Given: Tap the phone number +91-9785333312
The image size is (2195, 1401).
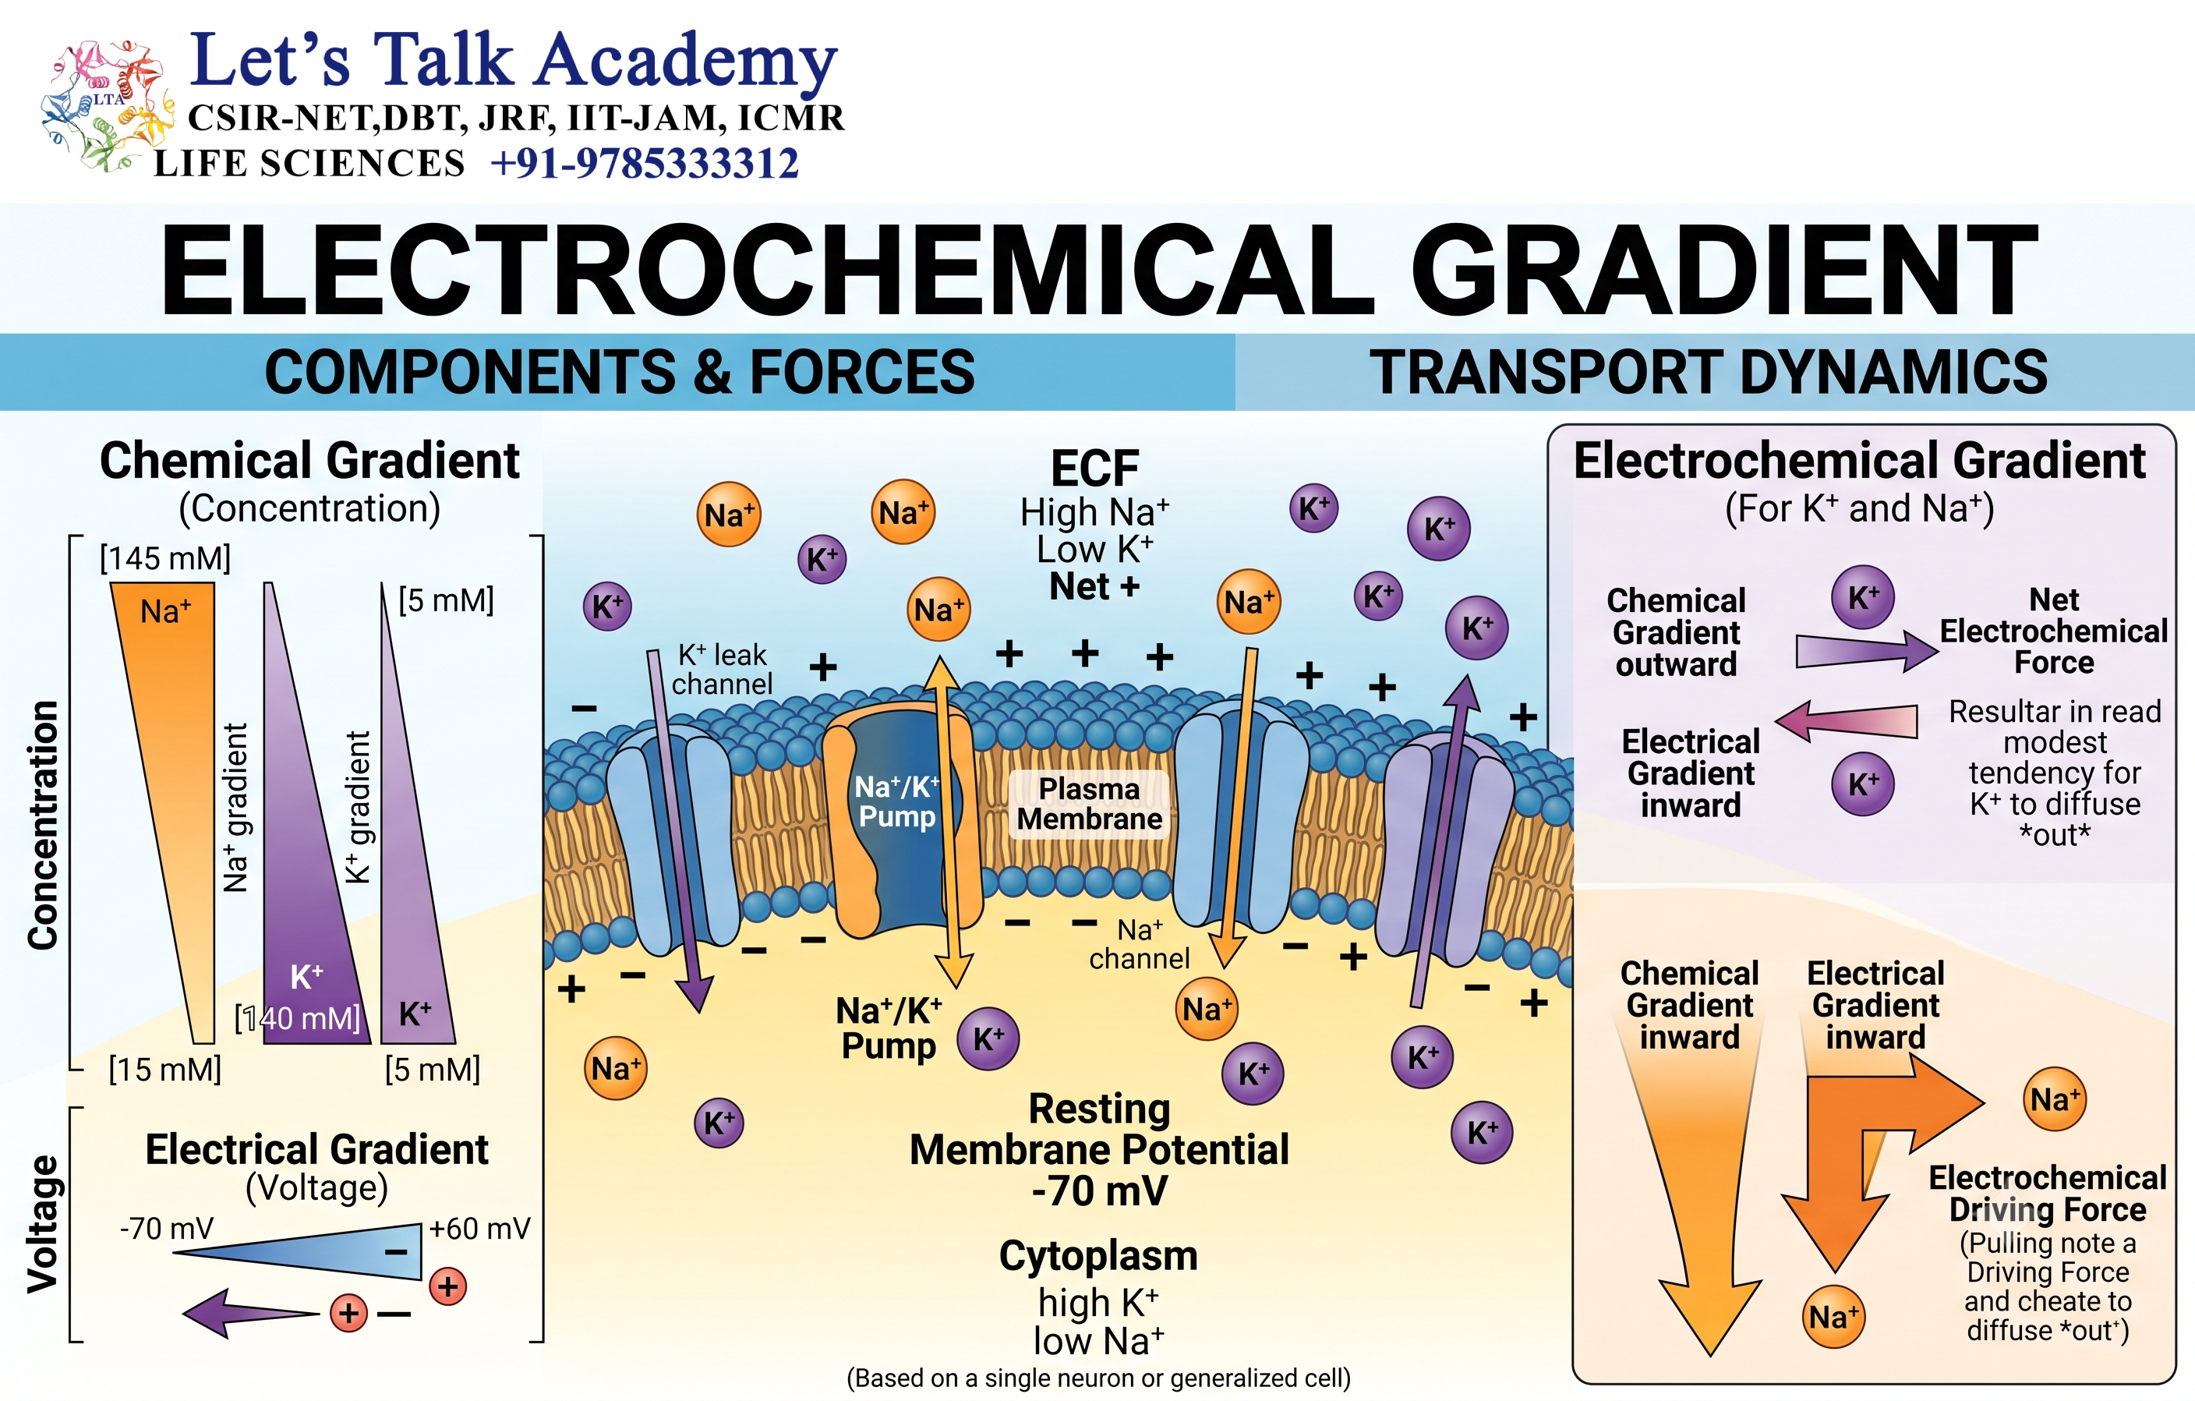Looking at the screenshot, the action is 645,164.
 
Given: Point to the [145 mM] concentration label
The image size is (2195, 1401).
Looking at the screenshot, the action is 165,558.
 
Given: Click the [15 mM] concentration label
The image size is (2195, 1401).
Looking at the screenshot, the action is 165,1069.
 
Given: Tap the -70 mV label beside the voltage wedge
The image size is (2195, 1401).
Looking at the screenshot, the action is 167,1229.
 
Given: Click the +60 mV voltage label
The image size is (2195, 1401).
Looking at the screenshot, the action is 479,1229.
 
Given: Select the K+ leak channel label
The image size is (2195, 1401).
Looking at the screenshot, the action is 722,669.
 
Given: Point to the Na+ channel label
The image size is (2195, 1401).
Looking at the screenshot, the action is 1140,944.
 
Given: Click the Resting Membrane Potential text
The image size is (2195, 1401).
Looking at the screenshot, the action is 1099,1149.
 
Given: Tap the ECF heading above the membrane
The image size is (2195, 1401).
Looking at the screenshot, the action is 1094,469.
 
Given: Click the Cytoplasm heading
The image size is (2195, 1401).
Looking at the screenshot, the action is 1098,1256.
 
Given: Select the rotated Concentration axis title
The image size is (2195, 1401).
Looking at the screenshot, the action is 44,826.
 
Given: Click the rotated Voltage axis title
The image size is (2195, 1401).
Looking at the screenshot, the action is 43,1224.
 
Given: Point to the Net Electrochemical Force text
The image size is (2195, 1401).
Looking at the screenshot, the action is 2054,631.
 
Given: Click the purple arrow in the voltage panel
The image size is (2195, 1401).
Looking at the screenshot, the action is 252,1313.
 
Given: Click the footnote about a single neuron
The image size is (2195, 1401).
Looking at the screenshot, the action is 1098,1378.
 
